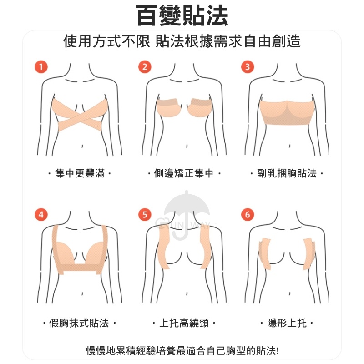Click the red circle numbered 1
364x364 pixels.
click(41, 67)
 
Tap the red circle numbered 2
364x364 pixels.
click(145, 67)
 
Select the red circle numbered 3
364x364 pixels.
click(248, 67)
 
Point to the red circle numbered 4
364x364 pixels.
click(41, 214)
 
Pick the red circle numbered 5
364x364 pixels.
click(145, 214)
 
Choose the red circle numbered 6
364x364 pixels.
click(248, 214)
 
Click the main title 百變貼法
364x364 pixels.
click(182, 15)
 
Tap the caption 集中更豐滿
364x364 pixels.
click(80, 173)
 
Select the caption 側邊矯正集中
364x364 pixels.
click(184, 173)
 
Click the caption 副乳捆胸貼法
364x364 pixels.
click(287, 173)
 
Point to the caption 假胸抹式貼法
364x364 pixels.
click(79, 323)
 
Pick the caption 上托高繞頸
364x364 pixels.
click(184, 323)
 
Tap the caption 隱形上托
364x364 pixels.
click(287, 323)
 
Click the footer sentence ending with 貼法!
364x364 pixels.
click(182, 350)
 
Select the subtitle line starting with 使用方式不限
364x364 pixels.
click(182, 41)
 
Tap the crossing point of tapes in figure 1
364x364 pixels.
click(80, 116)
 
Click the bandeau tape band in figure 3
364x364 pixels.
click(287, 113)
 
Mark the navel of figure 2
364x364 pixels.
click(187, 146)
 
